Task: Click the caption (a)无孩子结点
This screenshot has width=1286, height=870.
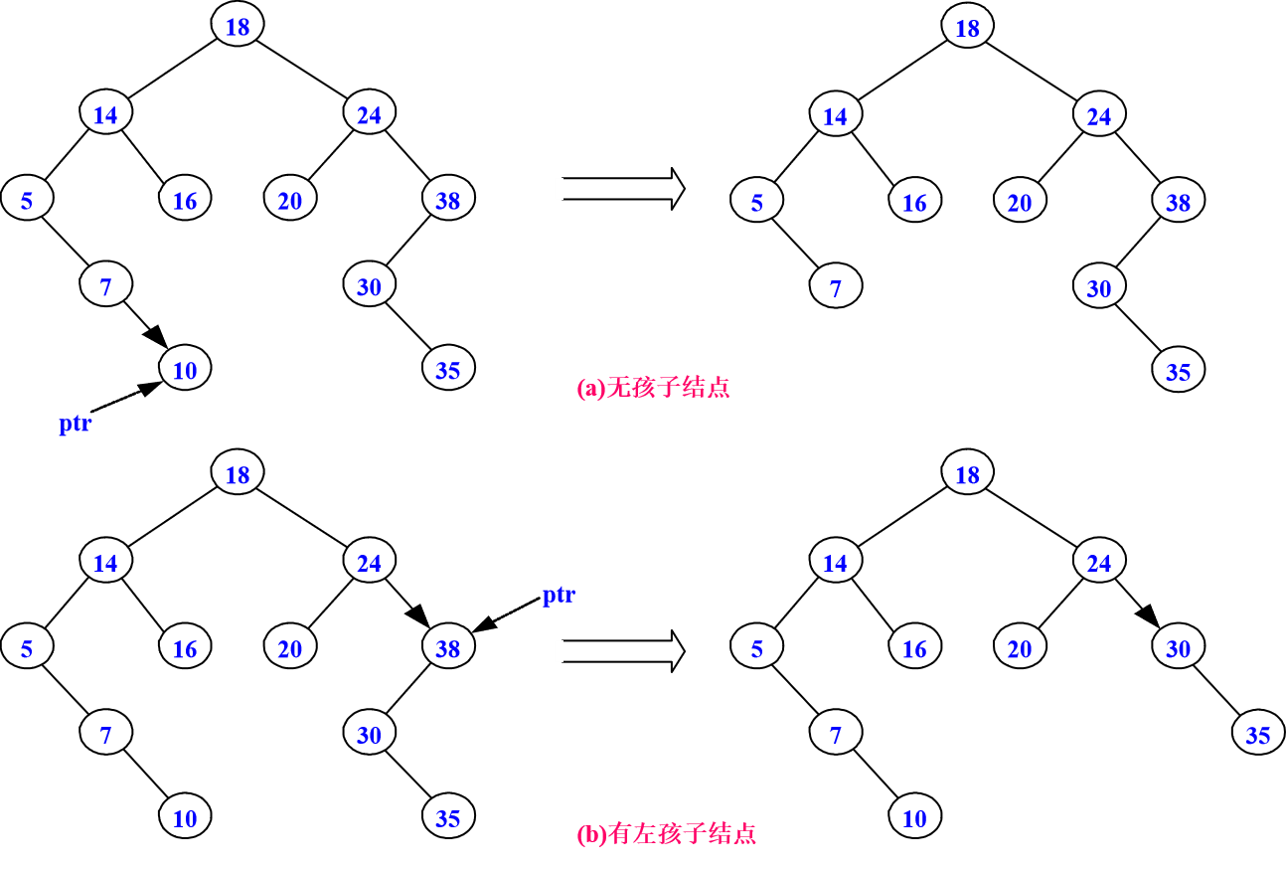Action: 653,387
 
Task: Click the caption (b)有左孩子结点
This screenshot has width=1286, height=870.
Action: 666,833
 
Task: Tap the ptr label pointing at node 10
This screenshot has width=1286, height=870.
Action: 76,423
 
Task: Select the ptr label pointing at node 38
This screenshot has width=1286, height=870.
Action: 559,595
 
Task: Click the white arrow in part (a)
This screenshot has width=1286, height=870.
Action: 618,188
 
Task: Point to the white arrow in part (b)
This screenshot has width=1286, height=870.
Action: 618,651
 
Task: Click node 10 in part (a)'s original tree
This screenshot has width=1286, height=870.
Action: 185,370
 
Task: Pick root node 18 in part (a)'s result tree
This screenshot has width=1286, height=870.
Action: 967,28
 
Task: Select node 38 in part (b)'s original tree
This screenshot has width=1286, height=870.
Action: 448,648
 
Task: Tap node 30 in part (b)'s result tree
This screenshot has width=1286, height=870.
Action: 1178,648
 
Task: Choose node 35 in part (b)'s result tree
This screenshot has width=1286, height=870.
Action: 1257,735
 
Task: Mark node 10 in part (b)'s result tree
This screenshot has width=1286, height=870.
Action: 914,817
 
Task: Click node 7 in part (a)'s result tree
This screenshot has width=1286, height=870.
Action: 835,287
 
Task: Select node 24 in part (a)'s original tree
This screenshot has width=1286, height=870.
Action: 369,114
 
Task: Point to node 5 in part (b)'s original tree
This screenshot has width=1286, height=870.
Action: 27,648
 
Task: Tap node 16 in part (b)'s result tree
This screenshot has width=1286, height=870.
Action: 914,648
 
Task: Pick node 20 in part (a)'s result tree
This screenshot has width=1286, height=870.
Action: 1020,202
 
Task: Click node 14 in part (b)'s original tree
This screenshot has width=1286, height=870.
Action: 105,563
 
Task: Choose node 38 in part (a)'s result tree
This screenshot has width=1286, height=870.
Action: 1178,202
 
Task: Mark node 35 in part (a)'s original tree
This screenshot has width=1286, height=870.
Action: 448,370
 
